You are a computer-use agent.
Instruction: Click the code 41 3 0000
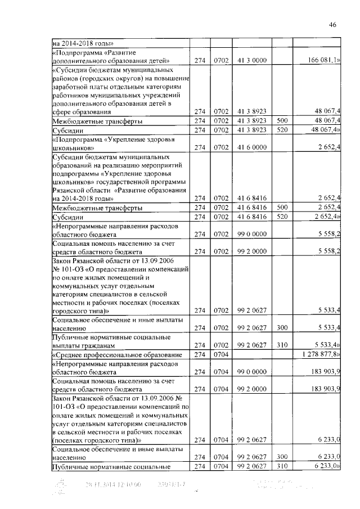(251, 60)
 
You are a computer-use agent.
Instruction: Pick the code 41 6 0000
(251, 148)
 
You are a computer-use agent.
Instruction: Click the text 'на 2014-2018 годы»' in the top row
(83, 42)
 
